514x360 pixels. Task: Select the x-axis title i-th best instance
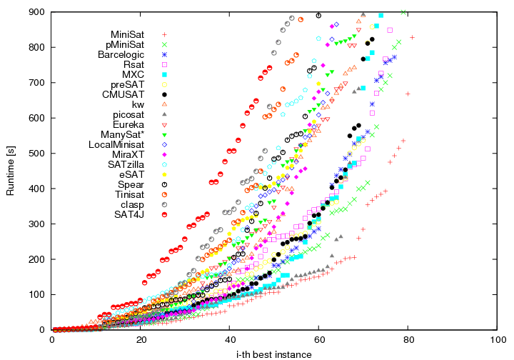coord(275,354)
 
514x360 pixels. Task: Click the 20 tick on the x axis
coord(141,339)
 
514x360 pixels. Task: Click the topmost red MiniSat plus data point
coord(412,37)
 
